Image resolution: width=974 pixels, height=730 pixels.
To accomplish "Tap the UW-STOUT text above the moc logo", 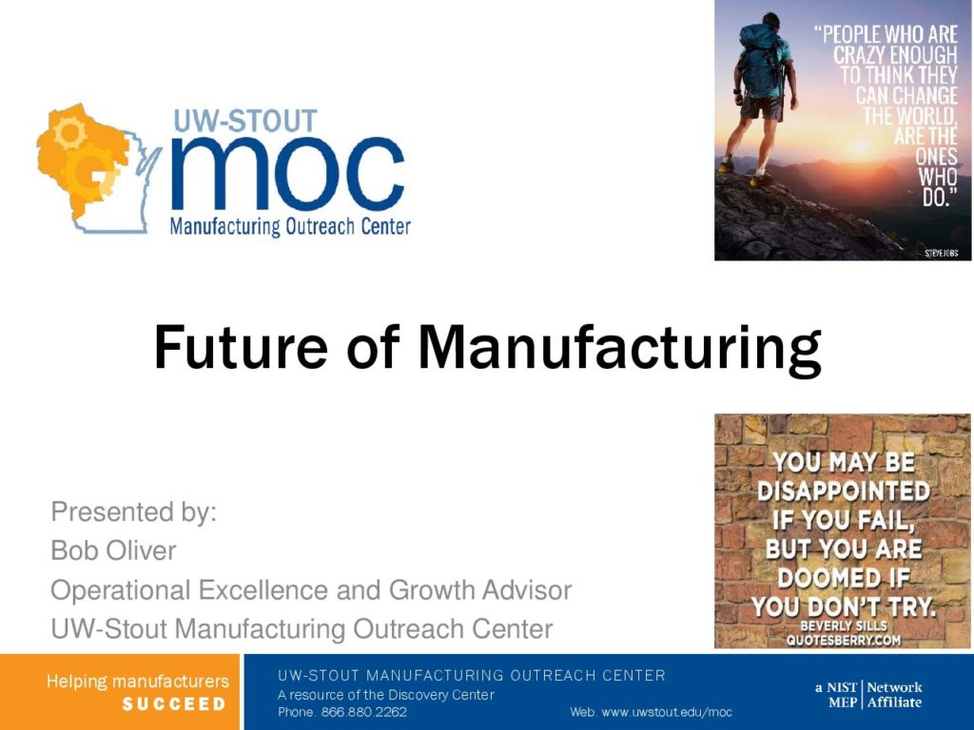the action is pyautogui.click(x=245, y=121).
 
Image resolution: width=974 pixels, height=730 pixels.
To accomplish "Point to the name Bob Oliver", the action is pyautogui.click(x=114, y=550).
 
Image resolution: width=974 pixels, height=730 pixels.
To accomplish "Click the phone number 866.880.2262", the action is pyautogui.click(x=363, y=712).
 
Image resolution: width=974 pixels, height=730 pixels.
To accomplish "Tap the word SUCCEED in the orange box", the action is pyautogui.click(x=174, y=704).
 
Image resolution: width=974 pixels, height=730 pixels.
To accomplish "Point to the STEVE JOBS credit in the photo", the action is pyautogui.click(x=941, y=253).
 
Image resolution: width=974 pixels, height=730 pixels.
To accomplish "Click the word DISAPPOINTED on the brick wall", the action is pyautogui.click(x=844, y=491).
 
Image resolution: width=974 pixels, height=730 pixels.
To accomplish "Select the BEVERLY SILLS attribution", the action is pyautogui.click(x=844, y=625).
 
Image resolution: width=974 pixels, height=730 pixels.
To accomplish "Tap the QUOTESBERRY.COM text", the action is pyautogui.click(x=844, y=640).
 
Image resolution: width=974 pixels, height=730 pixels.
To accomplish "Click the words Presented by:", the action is pyautogui.click(x=133, y=512).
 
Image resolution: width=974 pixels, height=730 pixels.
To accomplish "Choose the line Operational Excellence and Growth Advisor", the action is pyautogui.click(x=311, y=589).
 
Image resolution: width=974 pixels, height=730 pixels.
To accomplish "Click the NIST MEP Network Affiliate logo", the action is pyautogui.click(x=868, y=695).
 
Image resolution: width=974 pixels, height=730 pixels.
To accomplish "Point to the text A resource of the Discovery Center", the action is pyautogui.click(x=386, y=695).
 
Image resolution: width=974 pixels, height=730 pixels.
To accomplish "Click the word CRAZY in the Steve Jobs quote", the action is pyautogui.click(x=860, y=54).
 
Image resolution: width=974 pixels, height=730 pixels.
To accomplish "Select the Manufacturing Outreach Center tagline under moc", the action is pyautogui.click(x=290, y=226).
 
